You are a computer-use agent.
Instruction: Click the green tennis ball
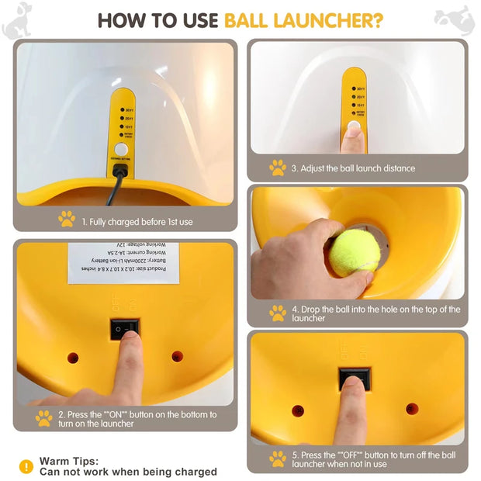click(355, 253)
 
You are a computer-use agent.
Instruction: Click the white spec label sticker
click(123, 262)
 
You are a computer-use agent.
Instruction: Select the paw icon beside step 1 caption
click(67, 220)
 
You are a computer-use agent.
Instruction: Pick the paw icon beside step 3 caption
click(278, 168)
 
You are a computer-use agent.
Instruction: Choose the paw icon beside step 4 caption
click(278, 313)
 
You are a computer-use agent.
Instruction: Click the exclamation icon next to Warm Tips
click(26, 466)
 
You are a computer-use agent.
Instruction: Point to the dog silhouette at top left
click(17, 22)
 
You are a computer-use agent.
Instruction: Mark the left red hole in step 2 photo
click(73, 358)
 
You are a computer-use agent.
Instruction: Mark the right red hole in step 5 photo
click(412, 408)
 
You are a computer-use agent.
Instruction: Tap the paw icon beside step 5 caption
click(278, 459)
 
